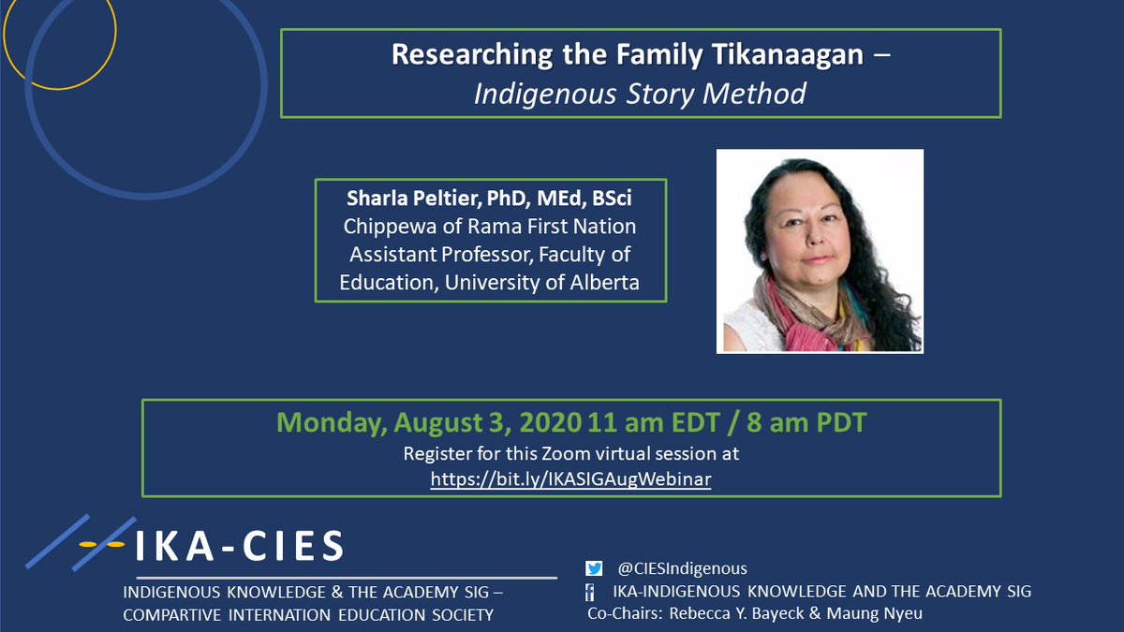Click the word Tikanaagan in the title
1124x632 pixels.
coord(788,54)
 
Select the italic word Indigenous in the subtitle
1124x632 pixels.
coord(545,95)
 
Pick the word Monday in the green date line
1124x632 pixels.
coord(332,422)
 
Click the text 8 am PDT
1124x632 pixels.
coord(806,422)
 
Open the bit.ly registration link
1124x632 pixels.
coord(570,479)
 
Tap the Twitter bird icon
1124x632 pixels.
coord(594,568)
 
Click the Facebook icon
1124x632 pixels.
coord(590,593)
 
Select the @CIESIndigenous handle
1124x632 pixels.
coord(682,569)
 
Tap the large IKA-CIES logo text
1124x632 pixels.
coord(240,546)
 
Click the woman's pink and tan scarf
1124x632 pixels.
coord(809,316)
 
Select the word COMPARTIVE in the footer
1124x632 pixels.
coord(172,615)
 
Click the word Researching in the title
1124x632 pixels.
coord(472,54)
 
